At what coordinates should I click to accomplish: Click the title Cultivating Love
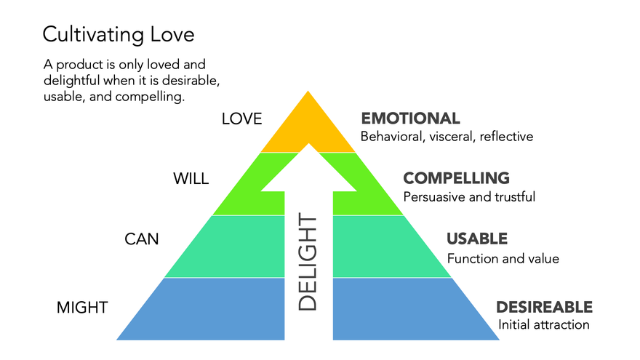pyautogui.click(x=119, y=35)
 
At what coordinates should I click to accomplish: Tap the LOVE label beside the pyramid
pyautogui.click(x=242, y=119)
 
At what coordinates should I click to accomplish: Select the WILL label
pyautogui.click(x=191, y=179)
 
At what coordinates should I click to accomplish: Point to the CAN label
pyautogui.click(x=142, y=239)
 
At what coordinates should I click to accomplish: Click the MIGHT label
pyautogui.click(x=82, y=308)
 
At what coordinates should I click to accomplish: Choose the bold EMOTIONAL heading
pyautogui.click(x=411, y=119)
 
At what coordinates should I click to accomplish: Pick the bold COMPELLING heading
pyautogui.click(x=456, y=178)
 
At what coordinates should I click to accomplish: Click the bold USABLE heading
pyautogui.click(x=477, y=239)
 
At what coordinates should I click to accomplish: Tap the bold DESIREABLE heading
pyautogui.click(x=545, y=308)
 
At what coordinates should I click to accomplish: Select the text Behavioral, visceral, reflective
pyautogui.click(x=447, y=136)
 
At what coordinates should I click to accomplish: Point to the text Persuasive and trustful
pyautogui.click(x=469, y=197)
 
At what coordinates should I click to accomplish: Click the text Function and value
pyautogui.click(x=503, y=258)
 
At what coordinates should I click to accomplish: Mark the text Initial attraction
pyautogui.click(x=544, y=325)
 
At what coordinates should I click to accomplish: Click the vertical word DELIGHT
pyautogui.click(x=308, y=262)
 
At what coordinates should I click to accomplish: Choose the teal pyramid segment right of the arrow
pyautogui.click(x=380, y=247)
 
